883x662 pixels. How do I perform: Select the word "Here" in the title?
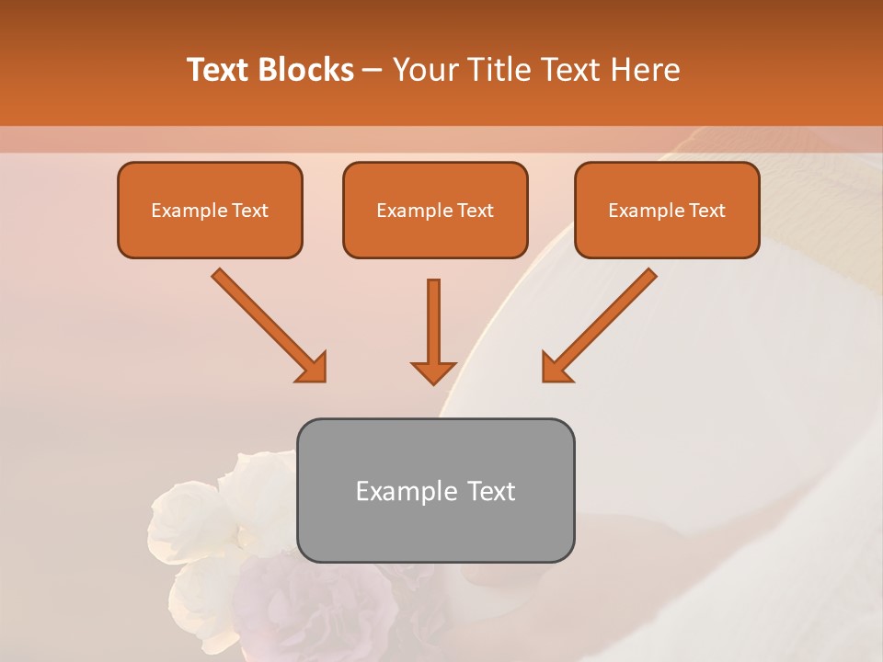point(644,70)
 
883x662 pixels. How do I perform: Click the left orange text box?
point(210,210)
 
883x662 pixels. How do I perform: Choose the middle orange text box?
point(435,210)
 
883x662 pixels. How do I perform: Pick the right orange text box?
point(667,210)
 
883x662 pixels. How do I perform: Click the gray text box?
point(435,491)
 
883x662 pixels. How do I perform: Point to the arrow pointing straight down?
point(433,331)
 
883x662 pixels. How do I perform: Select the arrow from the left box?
point(269,325)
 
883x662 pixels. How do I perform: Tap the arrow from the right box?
point(599,325)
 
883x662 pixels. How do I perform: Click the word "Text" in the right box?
point(707,211)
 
